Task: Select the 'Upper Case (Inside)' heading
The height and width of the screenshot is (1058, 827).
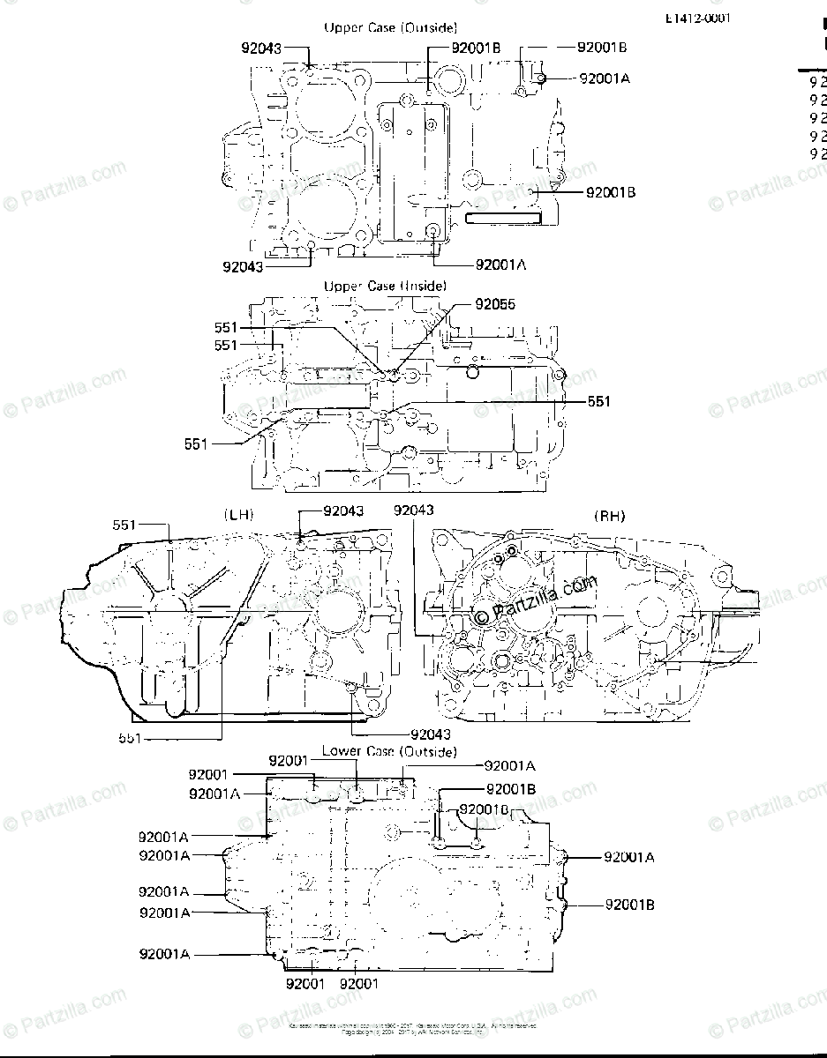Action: click(x=385, y=286)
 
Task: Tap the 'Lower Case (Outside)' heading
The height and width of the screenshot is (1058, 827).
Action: click(x=389, y=752)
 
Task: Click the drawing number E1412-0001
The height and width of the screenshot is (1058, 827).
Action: click(x=698, y=18)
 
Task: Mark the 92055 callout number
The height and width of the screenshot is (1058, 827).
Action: click(x=495, y=304)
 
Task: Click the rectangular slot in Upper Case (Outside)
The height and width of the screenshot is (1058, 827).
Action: click(x=503, y=217)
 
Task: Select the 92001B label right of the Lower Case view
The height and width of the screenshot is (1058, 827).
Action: click(x=630, y=904)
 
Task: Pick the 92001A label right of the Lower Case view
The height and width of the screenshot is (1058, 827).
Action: click(x=629, y=856)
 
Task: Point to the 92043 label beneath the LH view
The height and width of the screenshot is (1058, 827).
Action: click(x=430, y=734)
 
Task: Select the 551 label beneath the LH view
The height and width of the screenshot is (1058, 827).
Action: click(x=129, y=737)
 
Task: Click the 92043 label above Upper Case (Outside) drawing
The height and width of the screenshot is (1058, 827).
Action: click(x=262, y=48)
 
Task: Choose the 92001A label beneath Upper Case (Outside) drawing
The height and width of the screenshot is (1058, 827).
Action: click(x=500, y=264)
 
